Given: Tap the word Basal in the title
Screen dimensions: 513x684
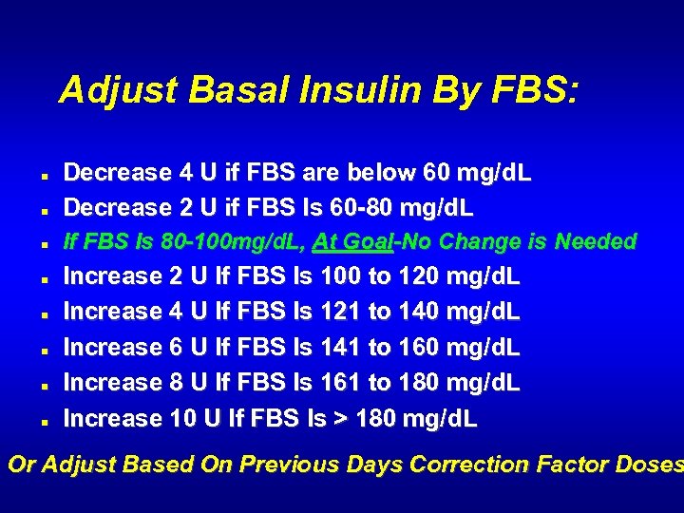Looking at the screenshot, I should (237, 90).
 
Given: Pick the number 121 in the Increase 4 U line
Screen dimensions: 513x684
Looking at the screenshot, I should (341, 312).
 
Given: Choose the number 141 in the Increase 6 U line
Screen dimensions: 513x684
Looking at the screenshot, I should (341, 348).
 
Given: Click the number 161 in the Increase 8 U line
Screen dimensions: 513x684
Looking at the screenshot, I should (341, 383).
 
